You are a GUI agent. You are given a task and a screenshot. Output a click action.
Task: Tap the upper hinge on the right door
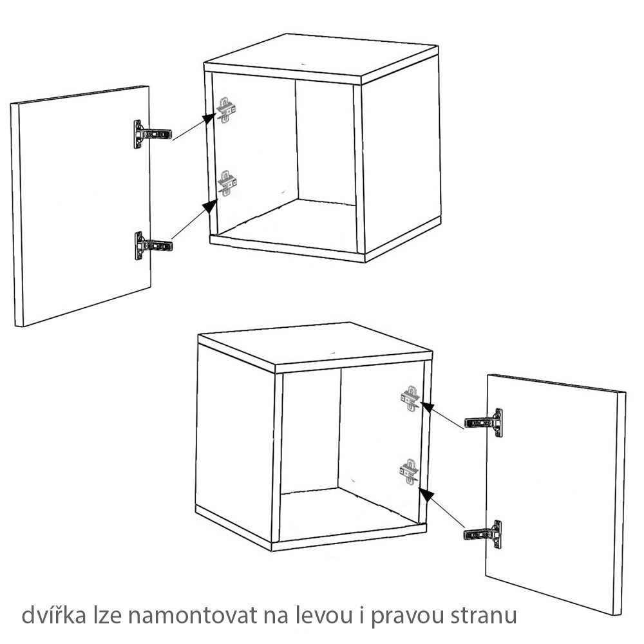click(484, 422)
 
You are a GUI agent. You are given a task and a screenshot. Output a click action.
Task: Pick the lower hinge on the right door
click(484, 534)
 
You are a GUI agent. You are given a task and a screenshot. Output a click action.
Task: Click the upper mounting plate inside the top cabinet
click(227, 109)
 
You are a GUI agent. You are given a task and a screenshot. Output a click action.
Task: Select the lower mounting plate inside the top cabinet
click(227, 183)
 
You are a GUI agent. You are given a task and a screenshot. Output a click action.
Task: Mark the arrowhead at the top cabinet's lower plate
click(209, 205)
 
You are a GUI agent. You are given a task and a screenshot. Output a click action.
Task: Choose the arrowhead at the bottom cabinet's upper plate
click(426, 406)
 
